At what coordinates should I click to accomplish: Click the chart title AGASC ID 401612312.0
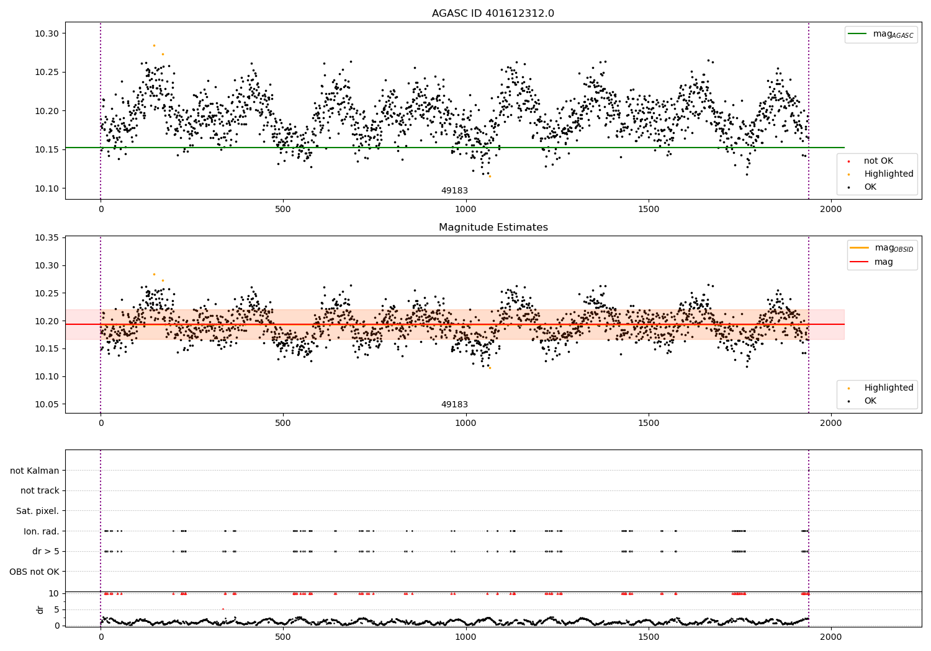click(x=493, y=14)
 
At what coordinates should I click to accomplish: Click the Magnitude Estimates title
click(x=493, y=228)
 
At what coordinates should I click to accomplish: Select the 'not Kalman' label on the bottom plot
click(x=35, y=471)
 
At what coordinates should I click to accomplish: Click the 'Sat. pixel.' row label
click(x=37, y=511)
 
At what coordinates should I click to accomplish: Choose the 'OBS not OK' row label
click(x=34, y=572)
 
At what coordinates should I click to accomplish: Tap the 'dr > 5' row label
click(x=45, y=551)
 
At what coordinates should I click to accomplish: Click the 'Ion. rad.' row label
click(x=41, y=531)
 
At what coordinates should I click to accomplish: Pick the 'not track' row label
click(x=40, y=490)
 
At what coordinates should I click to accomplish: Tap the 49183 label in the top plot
click(x=454, y=191)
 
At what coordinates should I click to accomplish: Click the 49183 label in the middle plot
click(x=454, y=405)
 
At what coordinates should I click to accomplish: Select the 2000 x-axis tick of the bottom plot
click(x=831, y=637)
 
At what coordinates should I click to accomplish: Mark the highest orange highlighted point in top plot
click(x=154, y=45)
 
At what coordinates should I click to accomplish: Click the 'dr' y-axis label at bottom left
click(x=40, y=609)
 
